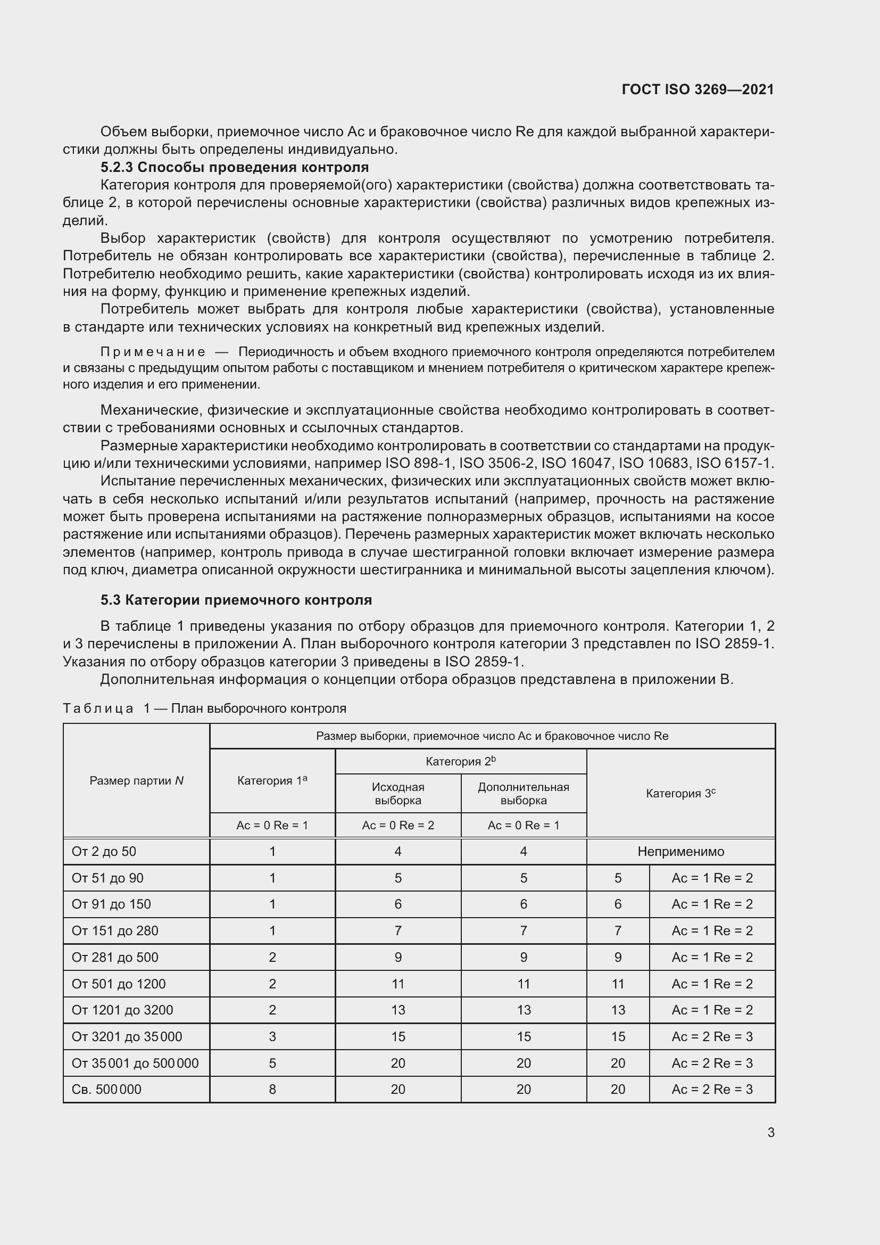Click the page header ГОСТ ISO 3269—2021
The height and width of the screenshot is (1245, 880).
tap(698, 89)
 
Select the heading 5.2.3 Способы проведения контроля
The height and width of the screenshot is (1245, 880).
tap(234, 167)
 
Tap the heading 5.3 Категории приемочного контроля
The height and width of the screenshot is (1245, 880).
tap(236, 600)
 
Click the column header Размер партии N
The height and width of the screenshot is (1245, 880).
tap(136, 780)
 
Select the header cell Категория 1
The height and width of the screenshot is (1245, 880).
tap(272, 780)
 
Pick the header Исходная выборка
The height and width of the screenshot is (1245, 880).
tap(398, 793)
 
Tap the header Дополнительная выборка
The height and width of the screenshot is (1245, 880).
tap(523, 793)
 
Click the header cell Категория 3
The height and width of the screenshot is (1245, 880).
tap(680, 793)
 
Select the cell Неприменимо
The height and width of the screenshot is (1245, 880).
tap(680, 851)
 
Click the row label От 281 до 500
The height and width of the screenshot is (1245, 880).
tap(115, 957)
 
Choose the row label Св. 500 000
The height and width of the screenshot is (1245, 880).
tap(106, 1090)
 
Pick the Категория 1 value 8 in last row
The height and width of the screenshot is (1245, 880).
tap(272, 1090)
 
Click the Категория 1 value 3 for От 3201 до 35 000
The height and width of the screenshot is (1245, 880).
tap(272, 1036)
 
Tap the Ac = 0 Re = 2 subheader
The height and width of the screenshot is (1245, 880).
tap(398, 826)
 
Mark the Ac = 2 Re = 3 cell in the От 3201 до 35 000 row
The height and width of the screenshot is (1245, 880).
tap(711, 1036)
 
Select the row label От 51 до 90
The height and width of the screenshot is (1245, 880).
tap(107, 878)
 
